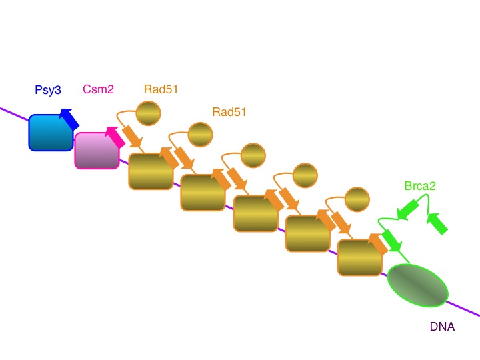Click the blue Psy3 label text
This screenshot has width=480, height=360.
(48, 89)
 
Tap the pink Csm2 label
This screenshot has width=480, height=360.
(96, 89)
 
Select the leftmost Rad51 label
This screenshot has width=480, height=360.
(161, 89)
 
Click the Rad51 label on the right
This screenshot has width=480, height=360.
(229, 112)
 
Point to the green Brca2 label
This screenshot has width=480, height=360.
(420, 187)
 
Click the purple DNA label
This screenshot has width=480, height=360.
(441, 328)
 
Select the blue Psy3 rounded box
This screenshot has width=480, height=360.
(50, 132)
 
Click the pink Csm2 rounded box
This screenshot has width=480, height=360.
(97, 150)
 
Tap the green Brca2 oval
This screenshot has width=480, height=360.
(418, 285)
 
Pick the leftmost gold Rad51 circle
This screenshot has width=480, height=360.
(148, 113)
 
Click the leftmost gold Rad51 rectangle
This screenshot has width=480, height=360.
(151, 171)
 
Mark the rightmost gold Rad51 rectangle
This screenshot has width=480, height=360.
(359, 257)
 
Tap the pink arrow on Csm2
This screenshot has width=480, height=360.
(115, 137)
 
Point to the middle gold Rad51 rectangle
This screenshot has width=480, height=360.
(255, 213)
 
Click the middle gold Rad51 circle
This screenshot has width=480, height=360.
(253, 155)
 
